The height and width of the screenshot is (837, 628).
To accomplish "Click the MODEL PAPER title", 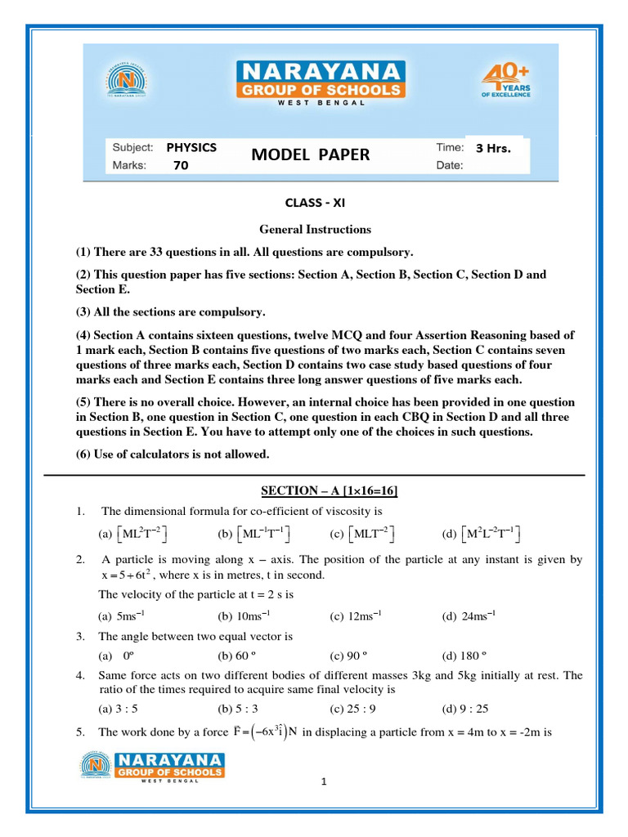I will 310,155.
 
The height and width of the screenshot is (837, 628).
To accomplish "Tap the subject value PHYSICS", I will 191,148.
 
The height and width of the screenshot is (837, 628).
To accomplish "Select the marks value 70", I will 181,165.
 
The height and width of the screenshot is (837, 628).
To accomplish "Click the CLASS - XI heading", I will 310,203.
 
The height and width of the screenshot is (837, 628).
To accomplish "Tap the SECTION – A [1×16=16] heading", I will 330,490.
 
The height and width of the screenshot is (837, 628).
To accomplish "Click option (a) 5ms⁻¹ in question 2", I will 121,615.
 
